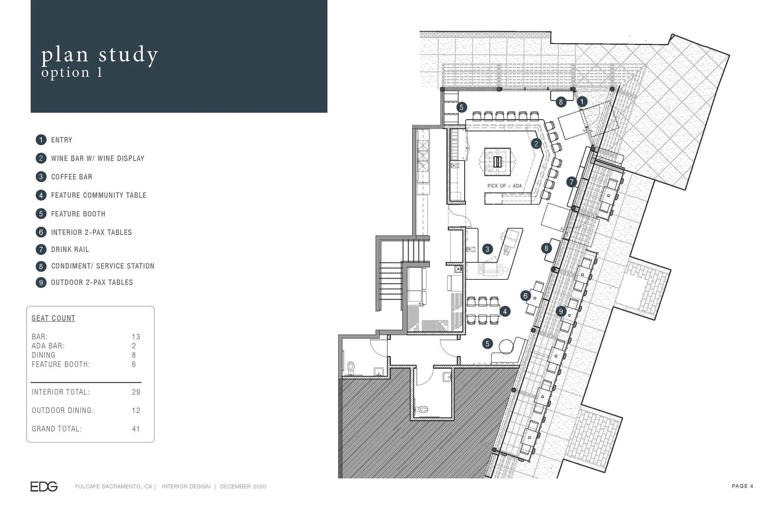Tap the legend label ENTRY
61,140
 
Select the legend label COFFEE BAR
72,177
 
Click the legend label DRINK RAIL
70,249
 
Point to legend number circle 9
41,282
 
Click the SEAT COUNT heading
53,318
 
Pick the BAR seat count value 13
136,337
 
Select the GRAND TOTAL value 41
136,429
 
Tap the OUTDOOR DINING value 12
136,410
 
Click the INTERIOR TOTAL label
61,392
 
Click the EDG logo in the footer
44,487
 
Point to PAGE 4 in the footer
743,486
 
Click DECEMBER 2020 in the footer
243,487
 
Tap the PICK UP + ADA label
504,186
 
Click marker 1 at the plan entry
582,102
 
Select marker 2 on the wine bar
536,144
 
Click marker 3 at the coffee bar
487,249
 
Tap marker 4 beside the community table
505,311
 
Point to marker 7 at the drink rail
571,182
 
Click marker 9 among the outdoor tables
561,311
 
